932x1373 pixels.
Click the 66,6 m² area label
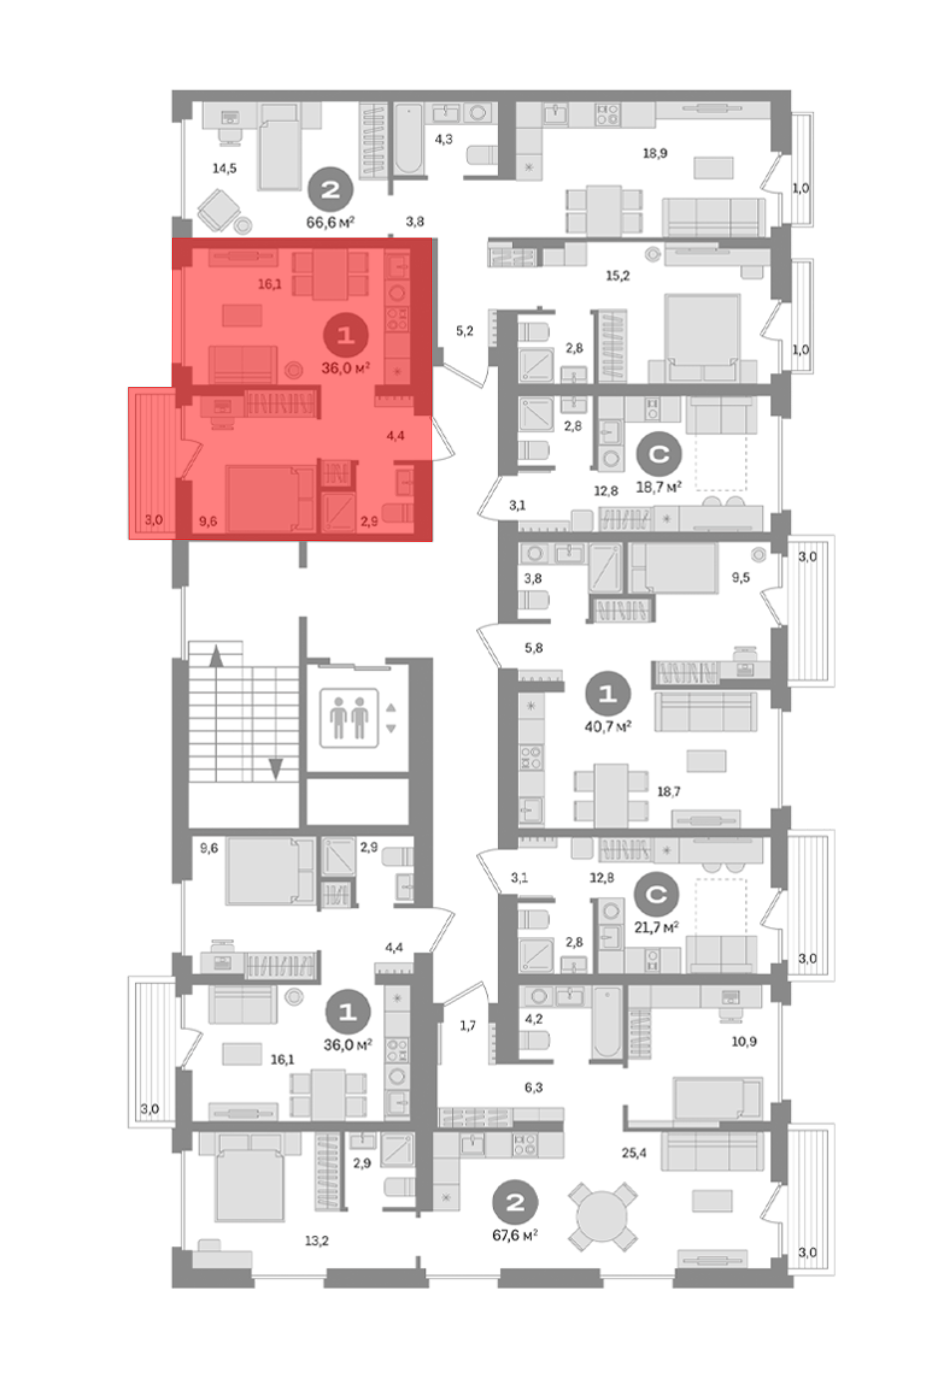pyautogui.click(x=330, y=222)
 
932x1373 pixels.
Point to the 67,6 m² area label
pyautogui.click(x=515, y=1235)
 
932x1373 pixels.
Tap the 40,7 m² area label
pyautogui.click(x=608, y=726)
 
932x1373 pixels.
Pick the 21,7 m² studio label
pyautogui.click(x=657, y=928)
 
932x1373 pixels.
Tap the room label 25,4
pyautogui.click(x=634, y=1153)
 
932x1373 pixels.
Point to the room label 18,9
pyautogui.click(x=655, y=154)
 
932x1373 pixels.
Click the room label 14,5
pyautogui.click(x=224, y=169)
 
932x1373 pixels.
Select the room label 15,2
pyautogui.click(x=617, y=276)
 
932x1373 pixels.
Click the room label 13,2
pyautogui.click(x=316, y=1241)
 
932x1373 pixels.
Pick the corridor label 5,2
pyautogui.click(x=465, y=331)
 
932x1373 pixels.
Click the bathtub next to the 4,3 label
pyautogui.click(x=408, y=139)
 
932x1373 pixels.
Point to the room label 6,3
pyautogui.click(x=533, y=1087)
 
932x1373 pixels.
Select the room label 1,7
pyautogui.click(x=467, y=1025)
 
